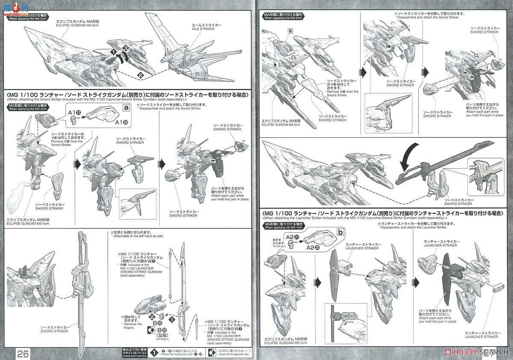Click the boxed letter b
[x=340, y=232]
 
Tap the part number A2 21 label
[x=292, y=236]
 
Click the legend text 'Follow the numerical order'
[x=180, y=355]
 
